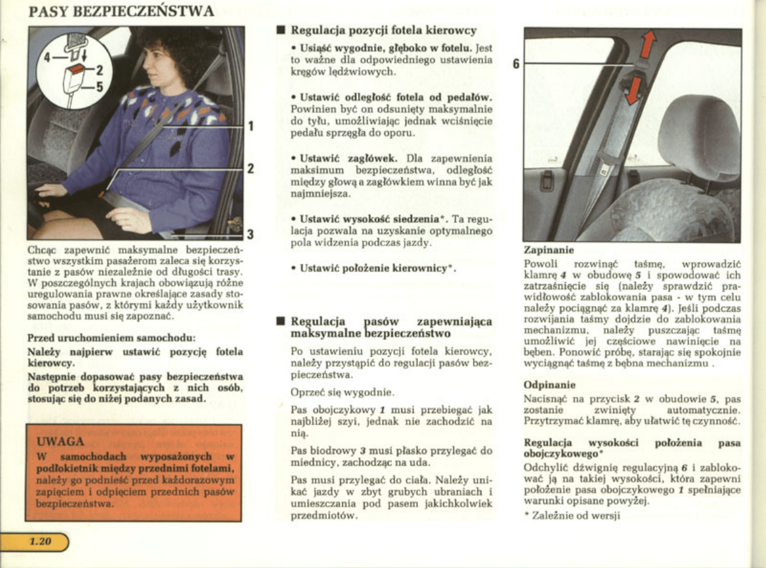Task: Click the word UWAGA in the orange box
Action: pyautogui.click(x=61, y=441)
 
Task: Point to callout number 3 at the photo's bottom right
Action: pyautogui.click(x=251, y=233)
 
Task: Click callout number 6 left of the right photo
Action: pyautogui.click(x=516, y=63)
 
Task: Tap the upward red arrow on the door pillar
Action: pyautogui.click(x=648, y=45)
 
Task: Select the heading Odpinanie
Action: pyautogui.click(x=550, y=384)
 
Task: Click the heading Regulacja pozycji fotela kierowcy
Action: pyautogui.click(x=384, y=30)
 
